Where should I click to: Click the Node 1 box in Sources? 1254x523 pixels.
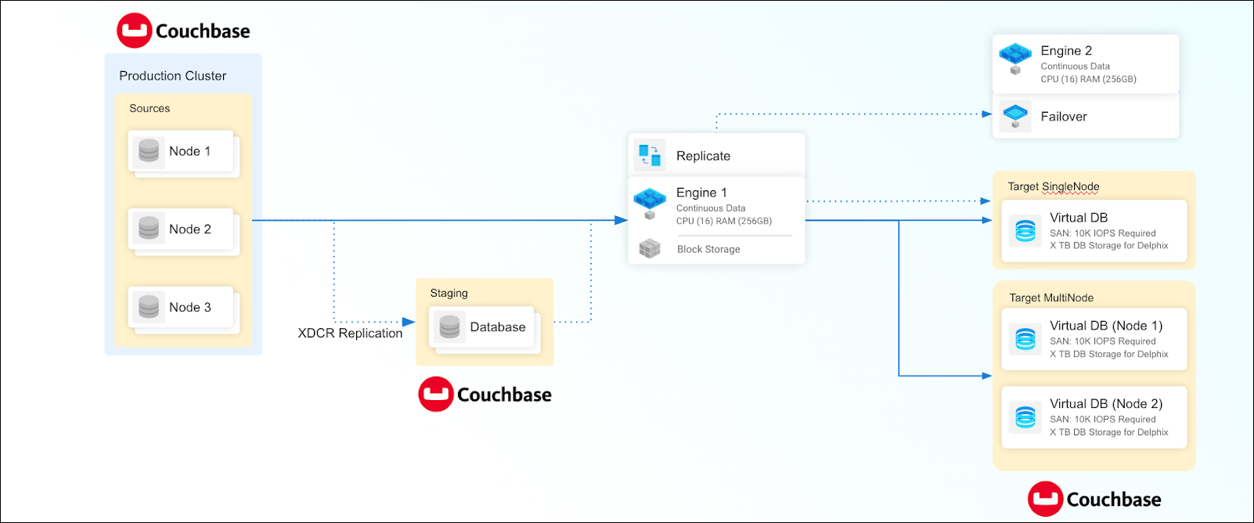click(181, 151)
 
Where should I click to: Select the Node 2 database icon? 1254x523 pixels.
click(149, 228)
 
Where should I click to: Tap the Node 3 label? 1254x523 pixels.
click(190, 308)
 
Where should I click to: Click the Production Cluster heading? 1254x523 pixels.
click(172, 76)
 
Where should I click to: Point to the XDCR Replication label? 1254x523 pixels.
click(350, 334)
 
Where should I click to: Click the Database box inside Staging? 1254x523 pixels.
click(481, 327)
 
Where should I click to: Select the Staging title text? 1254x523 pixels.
click(449, 293)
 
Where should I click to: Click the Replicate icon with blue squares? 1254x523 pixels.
click(650, 155)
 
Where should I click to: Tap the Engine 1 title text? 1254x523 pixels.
click(701, 193)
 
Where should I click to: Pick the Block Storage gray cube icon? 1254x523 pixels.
click(650, 249)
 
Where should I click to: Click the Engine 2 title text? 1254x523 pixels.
click(1066, 51)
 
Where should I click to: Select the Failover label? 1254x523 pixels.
click(1064, 117)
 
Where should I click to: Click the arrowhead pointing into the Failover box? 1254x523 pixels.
click(987, 114)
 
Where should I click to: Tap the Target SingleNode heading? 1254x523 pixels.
click(1054, 186)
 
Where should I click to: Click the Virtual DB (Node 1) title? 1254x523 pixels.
click(1106, 326)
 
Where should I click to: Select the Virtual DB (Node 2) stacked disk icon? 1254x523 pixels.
click(1025, 417)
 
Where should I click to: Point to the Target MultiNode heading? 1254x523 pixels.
click(1051, 298)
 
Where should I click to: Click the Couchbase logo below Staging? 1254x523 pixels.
click(485, 395)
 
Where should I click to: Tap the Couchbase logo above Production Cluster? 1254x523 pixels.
click(183, 31)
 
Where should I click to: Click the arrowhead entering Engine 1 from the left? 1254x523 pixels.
click(622, 221)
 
